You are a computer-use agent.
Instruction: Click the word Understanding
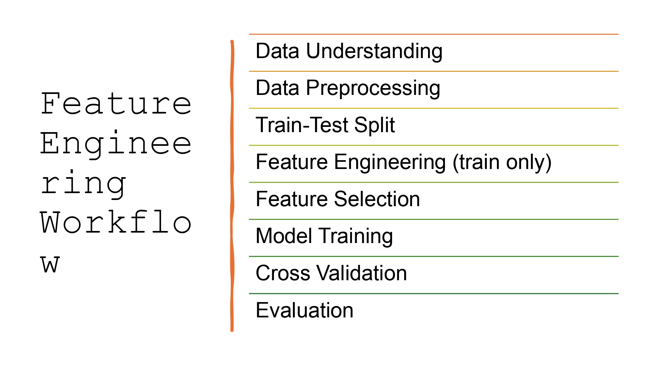pos(374,51)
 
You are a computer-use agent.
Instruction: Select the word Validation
pos(362,273)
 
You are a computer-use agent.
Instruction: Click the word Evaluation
pos(304,310)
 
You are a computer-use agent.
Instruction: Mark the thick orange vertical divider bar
pos(232,186)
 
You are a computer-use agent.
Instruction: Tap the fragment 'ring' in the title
pos(83,184)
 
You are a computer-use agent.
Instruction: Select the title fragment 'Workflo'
pos(116,223)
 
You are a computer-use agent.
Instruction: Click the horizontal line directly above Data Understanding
pos(434,34)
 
